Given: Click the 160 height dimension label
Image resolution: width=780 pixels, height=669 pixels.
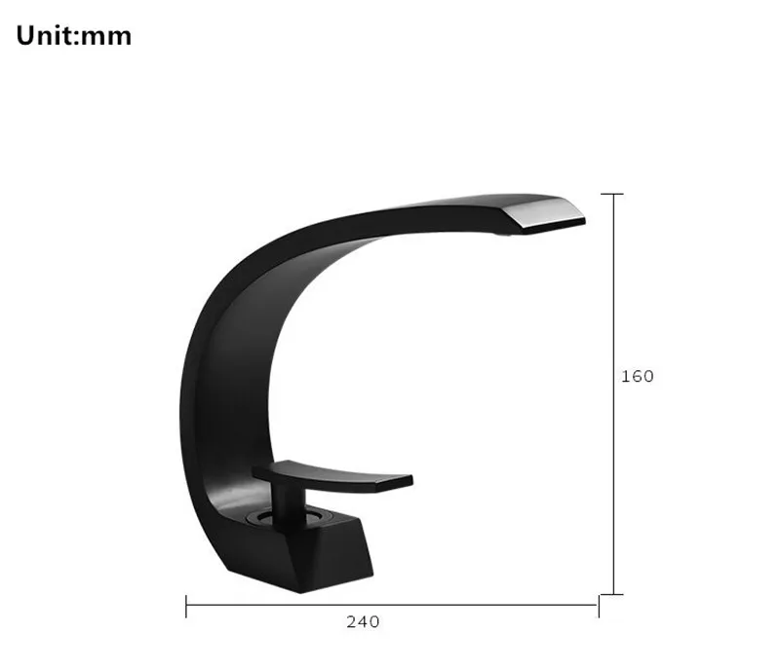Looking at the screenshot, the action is pyautogui.click(x=638, y=376).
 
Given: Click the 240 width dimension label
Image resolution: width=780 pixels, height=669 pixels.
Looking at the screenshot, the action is pyautogui.click(x=363, y=622).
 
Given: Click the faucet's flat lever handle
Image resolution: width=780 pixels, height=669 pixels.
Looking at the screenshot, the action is pyautogui.click(x=332, y=476).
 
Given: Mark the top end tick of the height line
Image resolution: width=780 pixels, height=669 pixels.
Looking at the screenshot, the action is pyautogui.click(x=612, y=194).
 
